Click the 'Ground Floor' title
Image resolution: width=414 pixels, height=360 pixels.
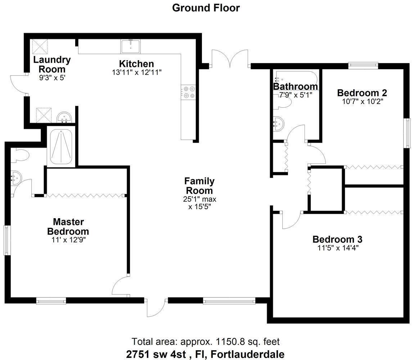coord(206,8)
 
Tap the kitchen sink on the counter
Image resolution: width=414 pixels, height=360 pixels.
coord(131,46)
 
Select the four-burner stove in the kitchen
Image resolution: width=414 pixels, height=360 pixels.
coord(188,92)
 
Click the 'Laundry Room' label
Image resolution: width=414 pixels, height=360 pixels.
coord(52,64)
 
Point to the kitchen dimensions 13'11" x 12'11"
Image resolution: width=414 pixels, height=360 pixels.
coord(136,72)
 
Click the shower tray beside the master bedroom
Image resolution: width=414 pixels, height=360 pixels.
coord(61,147)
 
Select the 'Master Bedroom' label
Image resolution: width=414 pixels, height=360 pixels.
coord(68,226)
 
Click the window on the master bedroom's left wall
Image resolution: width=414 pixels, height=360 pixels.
coord(7,240)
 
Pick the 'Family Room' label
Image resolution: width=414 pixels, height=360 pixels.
coord(199,186)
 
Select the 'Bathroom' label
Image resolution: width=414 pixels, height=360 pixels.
coord(296,86)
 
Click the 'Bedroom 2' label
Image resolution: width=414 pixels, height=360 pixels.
coord(362,93)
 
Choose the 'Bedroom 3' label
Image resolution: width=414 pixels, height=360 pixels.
coord(337,239)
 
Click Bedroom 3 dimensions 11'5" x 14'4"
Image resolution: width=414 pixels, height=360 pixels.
coord(338,248)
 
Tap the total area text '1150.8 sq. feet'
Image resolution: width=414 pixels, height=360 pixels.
coord(248,342)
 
